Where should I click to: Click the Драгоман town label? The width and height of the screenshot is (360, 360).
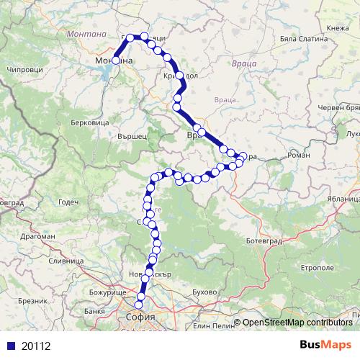[x=35, y=235]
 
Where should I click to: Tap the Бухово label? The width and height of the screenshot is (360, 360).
[x=205, y=293]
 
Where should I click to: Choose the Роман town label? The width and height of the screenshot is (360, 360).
[x=297, y=155]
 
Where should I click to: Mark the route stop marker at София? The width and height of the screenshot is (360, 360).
[x=139, y=305]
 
